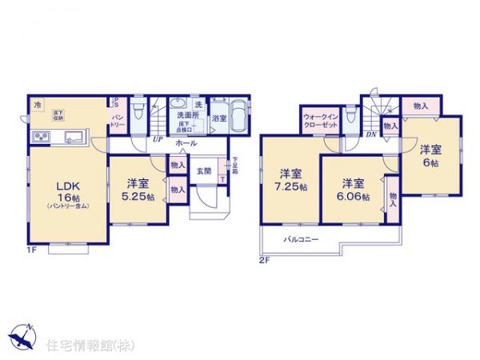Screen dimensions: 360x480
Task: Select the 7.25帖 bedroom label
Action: coord(290,187)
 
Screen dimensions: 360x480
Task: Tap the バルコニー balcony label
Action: coord(301,238)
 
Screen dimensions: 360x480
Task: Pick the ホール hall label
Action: coord(186,142)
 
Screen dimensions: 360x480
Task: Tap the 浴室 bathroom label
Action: coord(219,118)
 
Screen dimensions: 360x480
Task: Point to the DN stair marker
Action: coord(371,135)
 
